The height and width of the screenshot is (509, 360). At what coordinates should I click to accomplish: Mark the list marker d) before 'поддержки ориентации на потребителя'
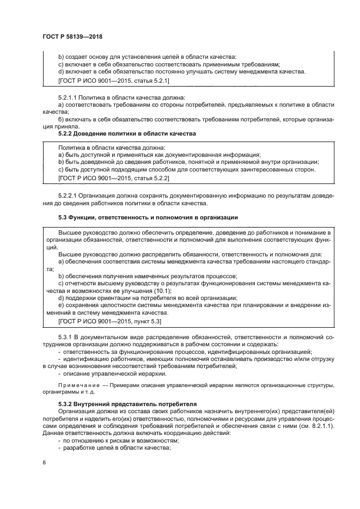[x=61, y=298]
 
